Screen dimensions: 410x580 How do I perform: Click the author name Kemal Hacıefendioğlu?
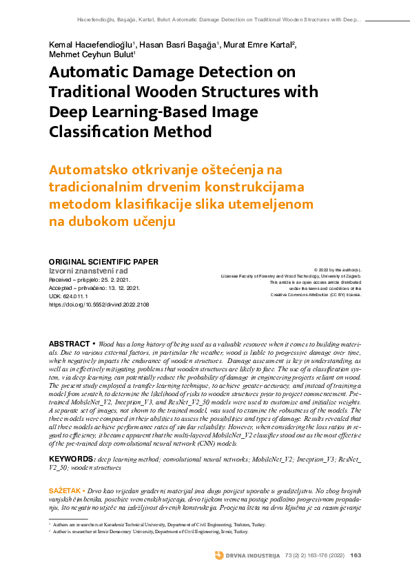pyautogui.click(x=91, y=45)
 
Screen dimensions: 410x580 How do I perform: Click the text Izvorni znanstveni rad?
pyautogui.click(x=89, y=271)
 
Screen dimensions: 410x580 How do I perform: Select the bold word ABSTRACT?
pyautogui.click(x=70, y=343)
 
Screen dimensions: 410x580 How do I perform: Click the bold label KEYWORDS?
pyautogui.click(x=72, y=458)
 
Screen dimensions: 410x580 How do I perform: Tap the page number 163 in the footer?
pyautogui.click(x=356, y=555)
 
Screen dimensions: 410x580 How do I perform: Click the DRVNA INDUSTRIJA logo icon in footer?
pyautogui.click(x=218, y=555)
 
